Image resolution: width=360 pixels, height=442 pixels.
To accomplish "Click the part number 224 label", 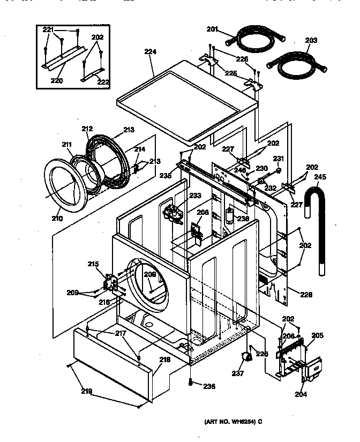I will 150,52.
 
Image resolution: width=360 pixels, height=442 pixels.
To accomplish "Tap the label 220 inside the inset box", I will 56,81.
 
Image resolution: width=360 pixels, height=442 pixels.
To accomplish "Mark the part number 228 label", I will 306,295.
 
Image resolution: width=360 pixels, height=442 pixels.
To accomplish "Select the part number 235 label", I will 165,175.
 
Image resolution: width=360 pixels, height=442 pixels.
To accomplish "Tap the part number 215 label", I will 93,264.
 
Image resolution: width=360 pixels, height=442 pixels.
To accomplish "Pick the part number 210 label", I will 57,218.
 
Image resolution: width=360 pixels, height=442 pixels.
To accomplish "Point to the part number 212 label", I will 87,129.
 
